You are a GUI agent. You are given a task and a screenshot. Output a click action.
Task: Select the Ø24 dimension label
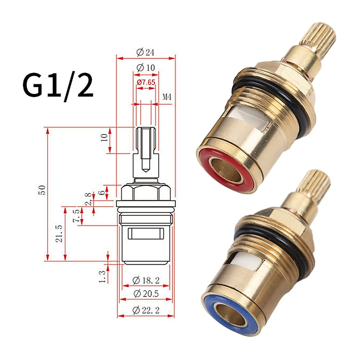[x=145, y=52]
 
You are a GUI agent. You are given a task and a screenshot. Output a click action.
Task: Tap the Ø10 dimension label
[x=145, y=67]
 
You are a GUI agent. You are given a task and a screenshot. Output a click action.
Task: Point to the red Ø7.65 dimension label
[x=146, y=82]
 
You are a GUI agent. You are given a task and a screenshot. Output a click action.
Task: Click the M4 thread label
[x=167, y=97]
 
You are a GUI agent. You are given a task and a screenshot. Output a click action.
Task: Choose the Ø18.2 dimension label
[x=146, y=280]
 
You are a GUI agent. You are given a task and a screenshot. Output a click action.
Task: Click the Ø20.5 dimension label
[x=146, y=294]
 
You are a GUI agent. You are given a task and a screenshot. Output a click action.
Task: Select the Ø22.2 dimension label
[x=146, y=310]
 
